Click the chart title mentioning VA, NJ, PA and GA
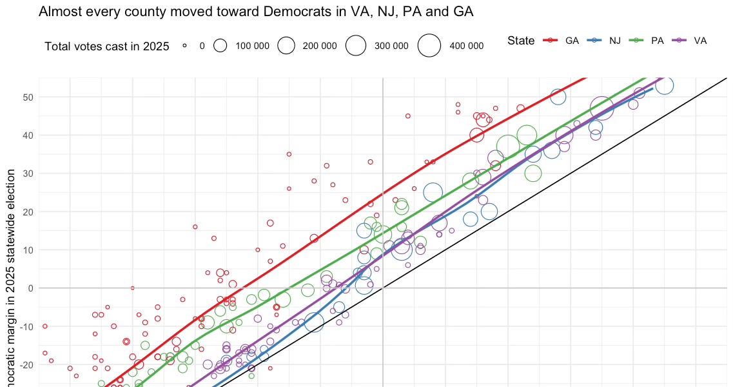pos(257,12)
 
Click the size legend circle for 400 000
pos(429,46)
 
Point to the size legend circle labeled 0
pos(184,46)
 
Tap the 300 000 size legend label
pos(391,46)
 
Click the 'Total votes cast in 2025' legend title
pos(107,46)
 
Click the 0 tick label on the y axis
pos(29,288)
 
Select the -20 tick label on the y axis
pos(24,364)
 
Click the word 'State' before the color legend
pos(520,41)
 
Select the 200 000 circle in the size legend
pos(286,46)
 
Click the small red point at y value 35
pos(289,154)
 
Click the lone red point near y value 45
pos(408,116)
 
